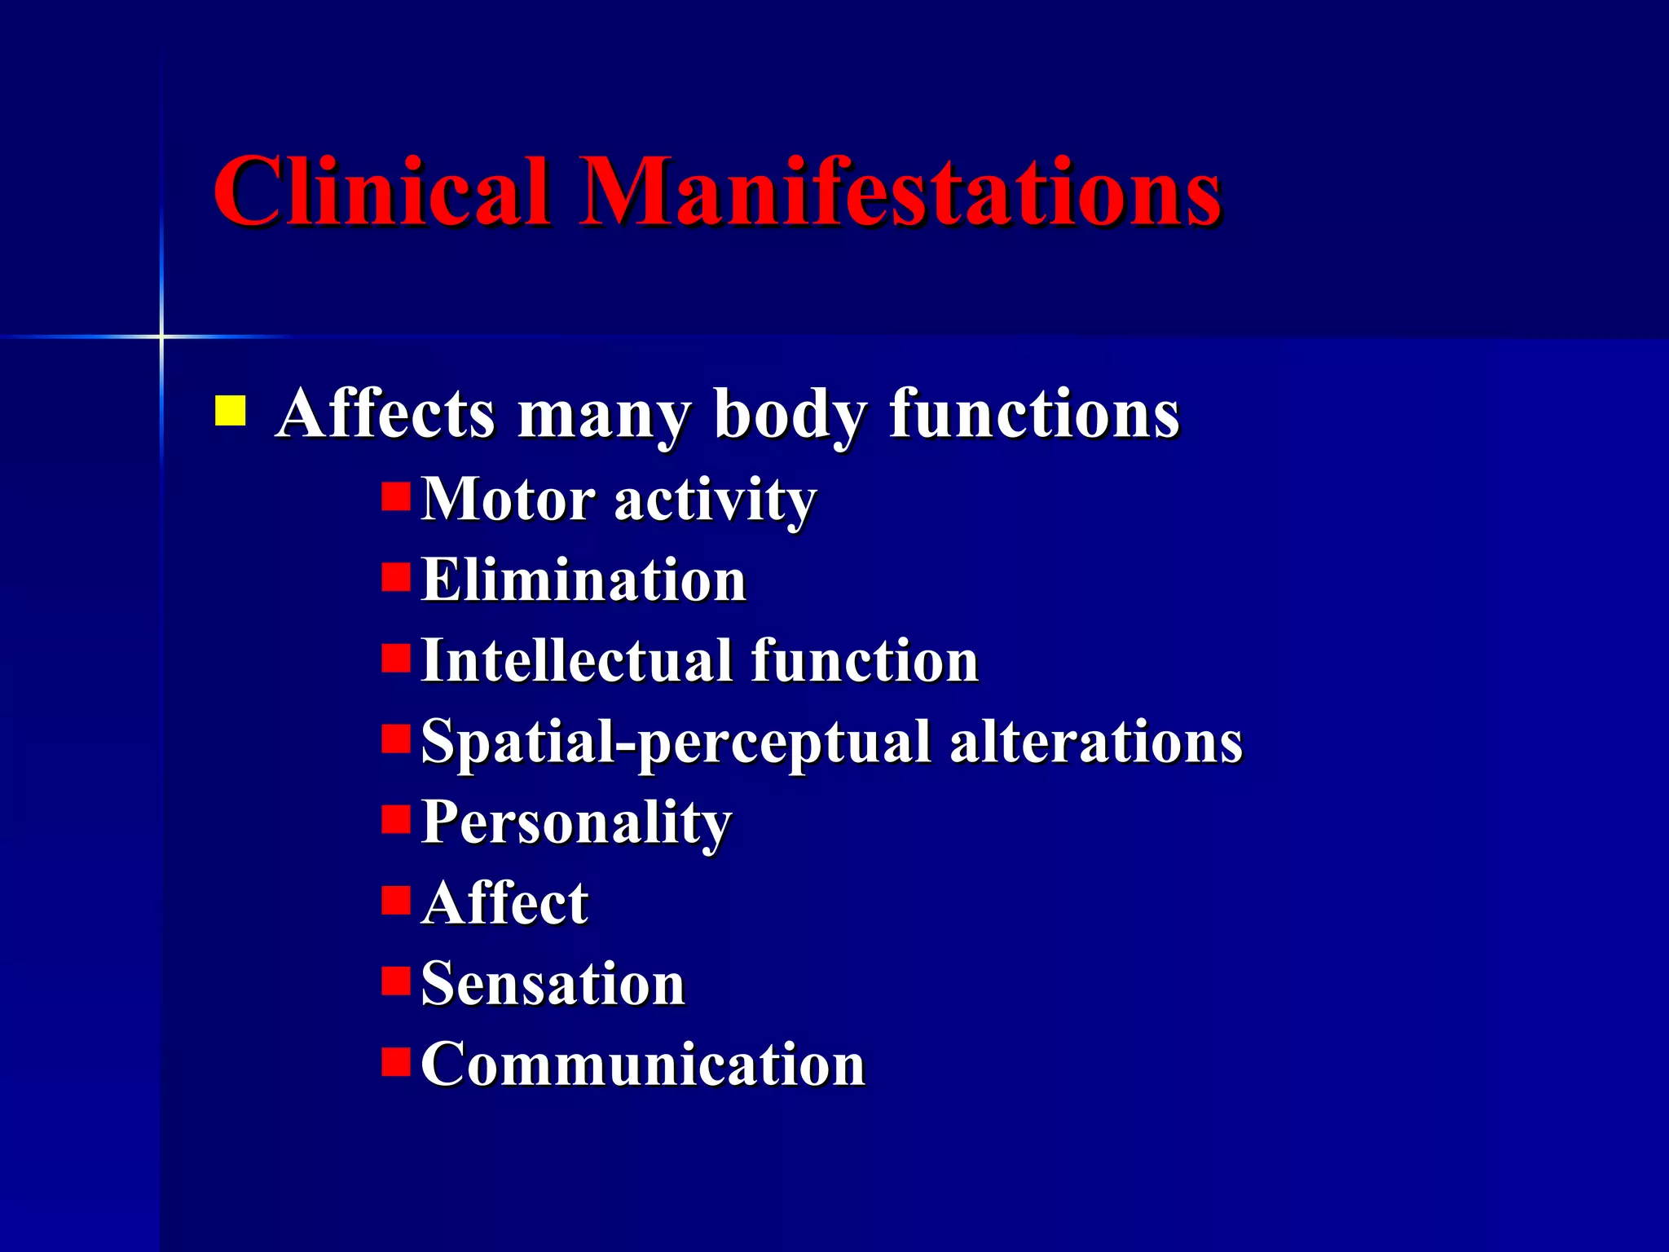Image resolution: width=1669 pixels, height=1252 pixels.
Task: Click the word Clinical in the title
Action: pyautogui.click(x=381, y=192)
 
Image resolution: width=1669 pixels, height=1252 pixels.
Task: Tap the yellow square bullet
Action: pyautogui.click(x=230, y=412)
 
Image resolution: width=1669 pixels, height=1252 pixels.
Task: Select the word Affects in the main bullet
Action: pyautogui.click(x=385, y=413)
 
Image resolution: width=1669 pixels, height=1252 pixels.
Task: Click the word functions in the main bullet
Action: pyautogui.click(x=1033, y=413)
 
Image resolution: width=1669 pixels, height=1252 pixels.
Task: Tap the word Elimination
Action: pyautogui.click(x=583, y=580)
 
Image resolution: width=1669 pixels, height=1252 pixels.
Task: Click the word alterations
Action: pyautogui.click(x=1095, y=742)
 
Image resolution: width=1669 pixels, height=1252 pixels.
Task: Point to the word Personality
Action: pyautogui.click(x=576, y=823)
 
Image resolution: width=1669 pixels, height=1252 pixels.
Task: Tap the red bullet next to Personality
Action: pyautogui.click(x=396, y=819)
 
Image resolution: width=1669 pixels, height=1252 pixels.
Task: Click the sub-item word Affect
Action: pyautogui.click(x=505, y=903)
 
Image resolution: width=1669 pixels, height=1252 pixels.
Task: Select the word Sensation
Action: pyautogui.click(x=553, y=984)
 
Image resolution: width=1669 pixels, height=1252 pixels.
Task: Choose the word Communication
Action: pyautogui.click(x=642, y=1065)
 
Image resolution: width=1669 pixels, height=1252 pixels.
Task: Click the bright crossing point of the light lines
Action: pyautogui.click(x=161, y=336)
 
